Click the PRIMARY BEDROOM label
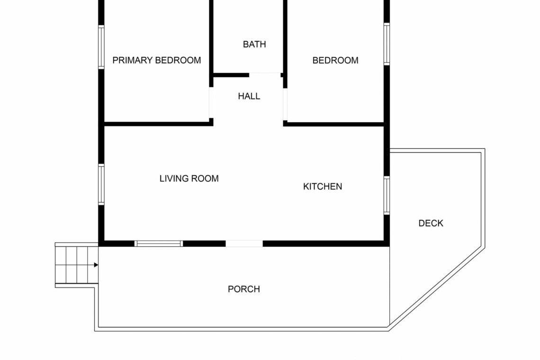157,60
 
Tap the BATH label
254,45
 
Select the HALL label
249,96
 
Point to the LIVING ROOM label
189,179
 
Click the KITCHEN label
323,186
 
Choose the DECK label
431,223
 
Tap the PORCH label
244,289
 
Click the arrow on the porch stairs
96,265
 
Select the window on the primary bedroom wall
101,47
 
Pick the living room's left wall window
101,184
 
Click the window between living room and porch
159,243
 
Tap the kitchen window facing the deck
387,195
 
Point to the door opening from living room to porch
244,243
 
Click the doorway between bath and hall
265,75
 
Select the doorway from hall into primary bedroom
211,103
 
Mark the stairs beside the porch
77,265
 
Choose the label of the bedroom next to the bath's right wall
335,60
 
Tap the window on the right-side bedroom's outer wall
387,44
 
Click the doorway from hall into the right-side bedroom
285,104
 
